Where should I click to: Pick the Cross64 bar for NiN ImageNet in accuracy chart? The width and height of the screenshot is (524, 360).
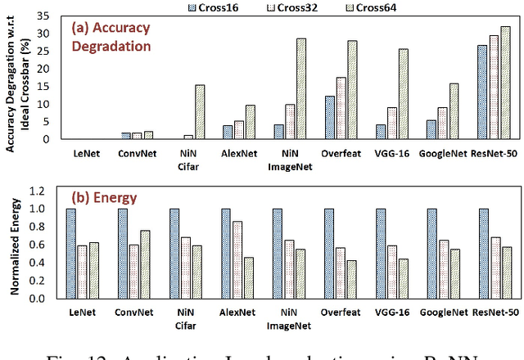(300, 89)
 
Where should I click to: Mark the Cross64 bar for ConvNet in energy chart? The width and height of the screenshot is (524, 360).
(145, 264)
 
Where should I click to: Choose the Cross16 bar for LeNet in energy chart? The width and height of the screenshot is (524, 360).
(71, 254)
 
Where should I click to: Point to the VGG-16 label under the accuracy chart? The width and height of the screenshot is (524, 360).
(393, 151)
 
